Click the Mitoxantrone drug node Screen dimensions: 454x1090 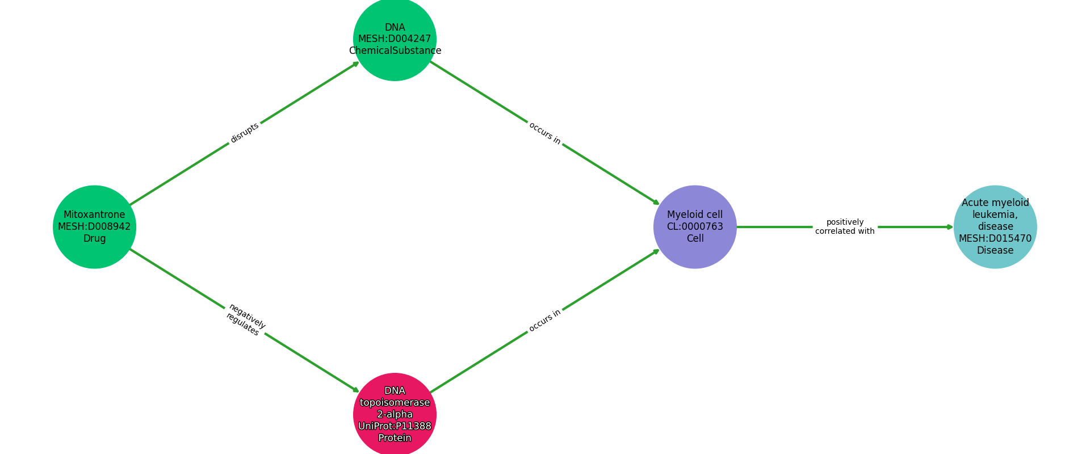click(x=94, y=226)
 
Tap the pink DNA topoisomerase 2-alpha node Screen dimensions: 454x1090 click(x=395, y=414)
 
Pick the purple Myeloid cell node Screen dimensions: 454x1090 click(x=695, y=226)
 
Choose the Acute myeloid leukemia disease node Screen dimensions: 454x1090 click(x=995, y=226)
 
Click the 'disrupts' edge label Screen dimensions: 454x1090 click(x=245, y=133)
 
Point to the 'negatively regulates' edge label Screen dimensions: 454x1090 click(x=245, y=320)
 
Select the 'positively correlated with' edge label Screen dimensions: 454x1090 click(x=845, y=226)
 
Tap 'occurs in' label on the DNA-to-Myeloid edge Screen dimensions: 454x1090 click(x=544, y=133)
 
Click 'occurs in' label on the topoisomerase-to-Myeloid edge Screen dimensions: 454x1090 click(x=544, y=321)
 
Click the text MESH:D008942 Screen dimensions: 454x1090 click(x=94, y=226)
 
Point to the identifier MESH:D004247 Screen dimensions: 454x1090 click(x=395, y=39)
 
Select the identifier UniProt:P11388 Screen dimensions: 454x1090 click(x=395, y=426)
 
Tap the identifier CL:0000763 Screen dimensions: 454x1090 click(x=695, y=226)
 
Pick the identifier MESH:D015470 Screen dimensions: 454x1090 click(x=995, y=238)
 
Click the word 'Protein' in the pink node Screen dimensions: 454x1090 click(x=395, y=438)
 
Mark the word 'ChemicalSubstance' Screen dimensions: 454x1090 click(x=395, y=51)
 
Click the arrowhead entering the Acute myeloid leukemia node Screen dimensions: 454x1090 click(x=950, y=227)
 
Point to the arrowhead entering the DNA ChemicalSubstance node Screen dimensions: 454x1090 click(x=356, y=64)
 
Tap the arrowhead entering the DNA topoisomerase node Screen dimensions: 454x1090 click(x=356, y=390)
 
